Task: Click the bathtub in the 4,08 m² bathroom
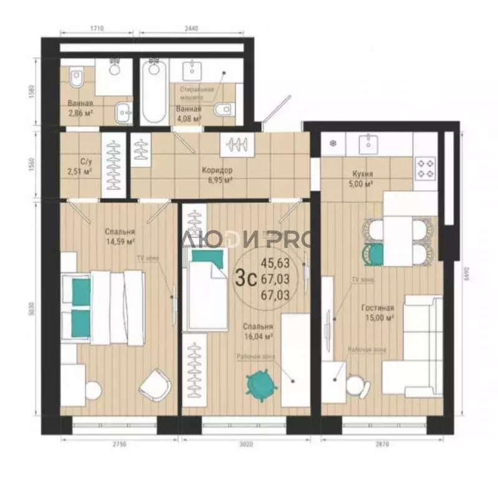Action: click(153, 93)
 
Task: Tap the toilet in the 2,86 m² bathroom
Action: click(77, 78)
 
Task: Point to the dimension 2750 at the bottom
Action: click(118, 444)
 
